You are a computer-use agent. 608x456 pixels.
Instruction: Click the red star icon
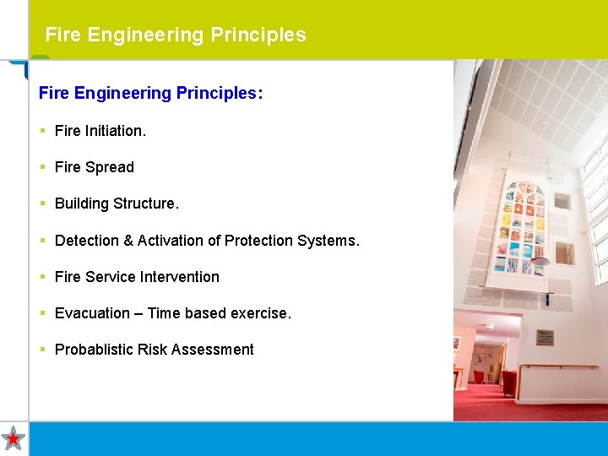14,438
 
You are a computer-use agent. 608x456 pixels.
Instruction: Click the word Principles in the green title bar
258,35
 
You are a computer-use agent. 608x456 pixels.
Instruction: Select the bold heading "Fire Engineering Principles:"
150,93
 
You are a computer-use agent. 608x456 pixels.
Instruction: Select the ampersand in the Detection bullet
128,241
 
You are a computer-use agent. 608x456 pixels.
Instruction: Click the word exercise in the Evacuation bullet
261,313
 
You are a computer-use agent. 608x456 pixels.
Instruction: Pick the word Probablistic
99,350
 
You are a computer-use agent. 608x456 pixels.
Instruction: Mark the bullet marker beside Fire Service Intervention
42,277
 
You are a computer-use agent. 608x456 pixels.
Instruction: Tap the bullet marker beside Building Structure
42,204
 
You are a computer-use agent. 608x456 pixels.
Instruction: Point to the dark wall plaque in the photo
546,336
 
